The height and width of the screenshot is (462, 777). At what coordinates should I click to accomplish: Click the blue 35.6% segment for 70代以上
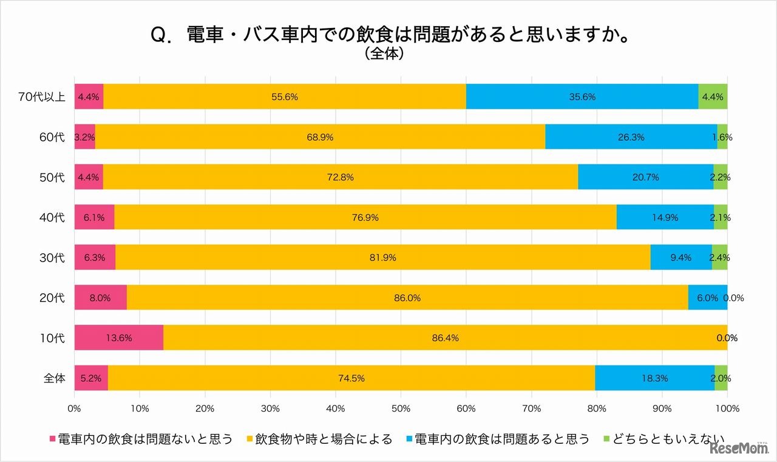point(582,97)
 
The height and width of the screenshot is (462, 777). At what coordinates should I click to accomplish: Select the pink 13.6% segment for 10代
point(118,338)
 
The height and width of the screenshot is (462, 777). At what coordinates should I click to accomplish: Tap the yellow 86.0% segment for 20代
point(407,297)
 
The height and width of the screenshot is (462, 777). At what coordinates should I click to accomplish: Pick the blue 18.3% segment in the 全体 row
point(654,378)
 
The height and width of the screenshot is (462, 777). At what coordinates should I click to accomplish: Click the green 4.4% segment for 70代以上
point(713,97)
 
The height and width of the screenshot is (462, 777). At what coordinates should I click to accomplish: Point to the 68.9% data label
point(319,137)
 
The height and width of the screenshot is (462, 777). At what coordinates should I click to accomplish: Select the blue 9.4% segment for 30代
point(681,257)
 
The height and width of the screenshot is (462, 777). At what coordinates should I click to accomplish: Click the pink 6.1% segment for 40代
point(94,217)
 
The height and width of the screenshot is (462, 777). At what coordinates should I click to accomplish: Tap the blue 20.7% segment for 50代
point(645,177)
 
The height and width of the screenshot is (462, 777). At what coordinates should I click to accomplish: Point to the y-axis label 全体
point(54,378)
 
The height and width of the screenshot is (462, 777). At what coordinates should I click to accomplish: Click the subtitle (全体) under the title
point(385,55)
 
